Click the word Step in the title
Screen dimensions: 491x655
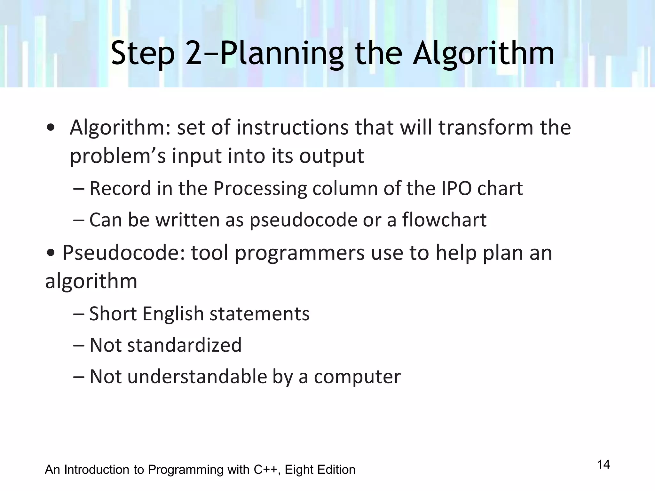coord(143,53)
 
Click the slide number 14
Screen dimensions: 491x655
coord(604,464)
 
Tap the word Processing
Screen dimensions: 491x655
coord(260,188)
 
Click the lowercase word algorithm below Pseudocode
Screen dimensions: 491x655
coord(91,281)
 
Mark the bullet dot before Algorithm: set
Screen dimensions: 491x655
coord(50,128)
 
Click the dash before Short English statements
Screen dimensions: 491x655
coord(78,314)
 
